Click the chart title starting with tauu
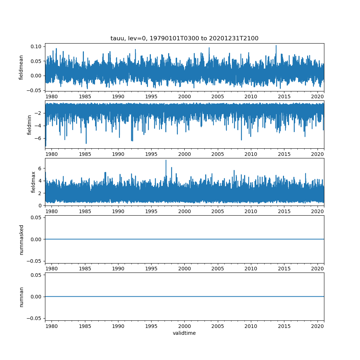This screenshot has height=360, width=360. [x=184, y=39]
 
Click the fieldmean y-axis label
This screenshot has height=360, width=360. [x=21, y=67]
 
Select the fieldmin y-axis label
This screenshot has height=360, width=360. [x=30, y=125]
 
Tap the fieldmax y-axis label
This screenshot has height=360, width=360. [x=33, y=182]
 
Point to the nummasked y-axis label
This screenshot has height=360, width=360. [x=21, y=239]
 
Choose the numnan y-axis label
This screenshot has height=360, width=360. [x=21, y=297]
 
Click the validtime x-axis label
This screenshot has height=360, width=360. [x=184, y=333]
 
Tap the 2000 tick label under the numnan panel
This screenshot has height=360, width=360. [x=184, y=326]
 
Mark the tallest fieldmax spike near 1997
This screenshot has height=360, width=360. [x=166, y=160]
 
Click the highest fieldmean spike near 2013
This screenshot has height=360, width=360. [x=276, y=46]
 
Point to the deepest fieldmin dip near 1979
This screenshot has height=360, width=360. [x=46, y=146]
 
